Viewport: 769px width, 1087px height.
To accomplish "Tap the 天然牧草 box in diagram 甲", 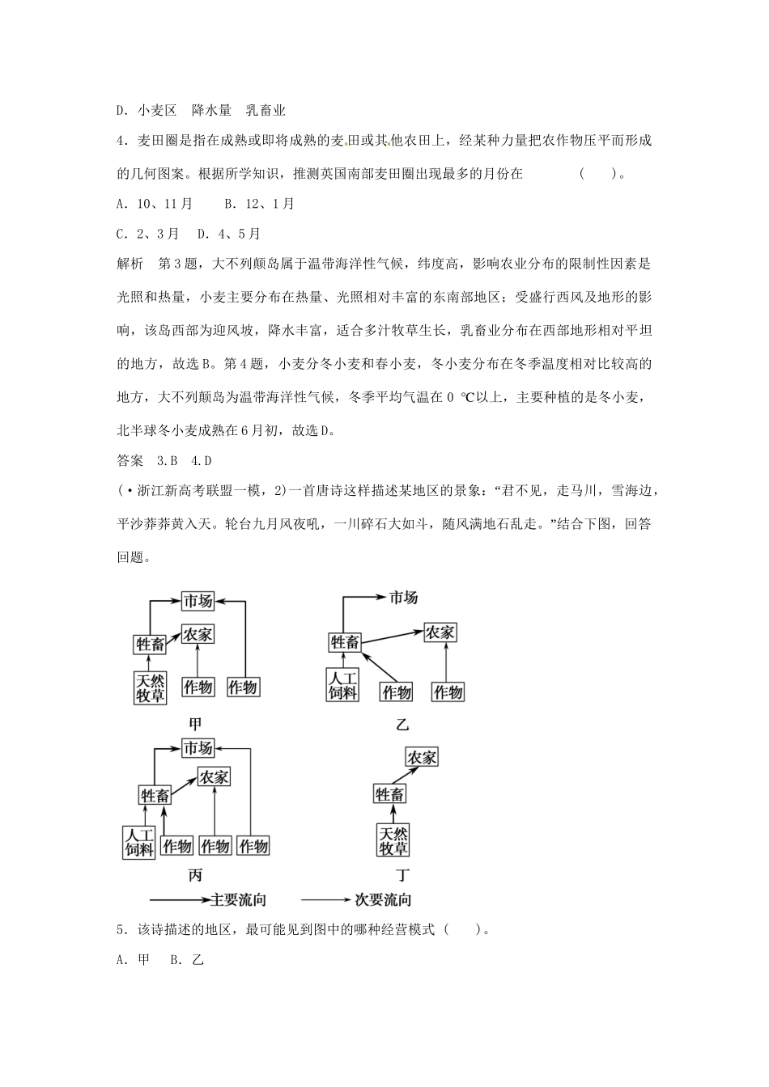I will (x=150, y=687).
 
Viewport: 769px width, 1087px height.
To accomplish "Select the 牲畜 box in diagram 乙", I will (x=344, y=642).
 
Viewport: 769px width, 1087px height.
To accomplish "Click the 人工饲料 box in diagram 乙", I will (x=343, y=685).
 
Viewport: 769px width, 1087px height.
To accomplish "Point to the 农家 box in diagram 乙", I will (x=440, y=632).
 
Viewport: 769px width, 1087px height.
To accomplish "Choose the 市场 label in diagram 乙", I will (x=403, y=598).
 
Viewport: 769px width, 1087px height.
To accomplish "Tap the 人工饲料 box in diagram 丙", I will (x=138, y=841).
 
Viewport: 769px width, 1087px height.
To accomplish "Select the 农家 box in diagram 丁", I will (x=421, y=757).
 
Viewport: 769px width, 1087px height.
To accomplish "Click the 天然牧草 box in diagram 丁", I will (x=393, y=841).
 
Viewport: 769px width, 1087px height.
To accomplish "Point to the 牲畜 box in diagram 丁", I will (x=389, y=795).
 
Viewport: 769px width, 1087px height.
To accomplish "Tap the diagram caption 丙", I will (x=195, y=875).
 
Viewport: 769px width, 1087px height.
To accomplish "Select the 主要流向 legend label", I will (x=239, y=899).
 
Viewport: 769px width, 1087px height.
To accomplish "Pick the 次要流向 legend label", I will (x=384, y=899).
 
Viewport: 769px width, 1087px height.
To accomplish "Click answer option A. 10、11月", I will (x=155, y=204).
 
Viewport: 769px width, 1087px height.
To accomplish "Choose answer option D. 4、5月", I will (x=229, y=234).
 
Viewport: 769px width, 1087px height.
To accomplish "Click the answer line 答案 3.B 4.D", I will (x=164, y=461).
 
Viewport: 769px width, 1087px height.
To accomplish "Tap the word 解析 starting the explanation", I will (x=130, y=264).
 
